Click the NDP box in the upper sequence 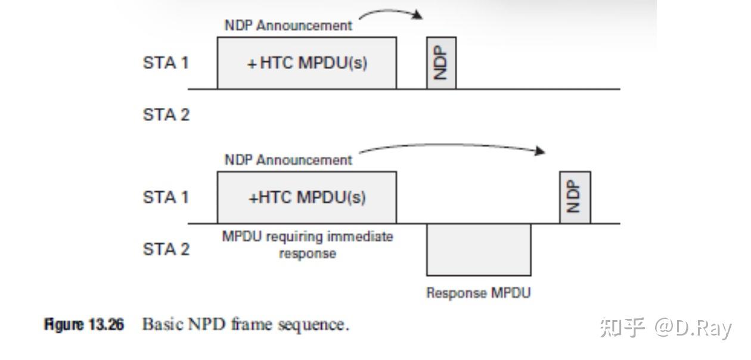point(441,63)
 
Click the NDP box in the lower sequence point(575,197)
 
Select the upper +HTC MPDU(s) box point(306,63)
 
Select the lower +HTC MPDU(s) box point(306,197)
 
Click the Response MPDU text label point(478,293)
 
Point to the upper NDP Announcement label point(288,26)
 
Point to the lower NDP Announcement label point(288,160)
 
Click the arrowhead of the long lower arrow point(540,151)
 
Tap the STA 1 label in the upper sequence point(166,63)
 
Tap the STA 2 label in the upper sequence point(166,114)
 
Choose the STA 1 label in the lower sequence point(166,197)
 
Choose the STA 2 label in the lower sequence point(166,249)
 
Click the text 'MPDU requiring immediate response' point(307,244)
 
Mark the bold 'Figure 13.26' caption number point(84,325)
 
